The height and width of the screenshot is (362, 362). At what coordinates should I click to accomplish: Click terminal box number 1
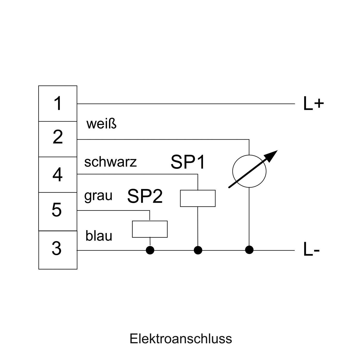tap(58, 103)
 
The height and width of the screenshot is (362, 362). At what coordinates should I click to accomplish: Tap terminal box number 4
tap(58, 175)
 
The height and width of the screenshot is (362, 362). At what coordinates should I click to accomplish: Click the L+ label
tap(313, 104)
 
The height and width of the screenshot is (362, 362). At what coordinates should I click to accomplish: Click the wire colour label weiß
tap(101, 124)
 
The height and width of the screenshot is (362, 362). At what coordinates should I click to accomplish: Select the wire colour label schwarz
tap(110, 162)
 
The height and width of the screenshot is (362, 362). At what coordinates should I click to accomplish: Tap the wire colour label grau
tap(98, 196)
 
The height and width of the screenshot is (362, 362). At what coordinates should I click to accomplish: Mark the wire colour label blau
tap(99, 236)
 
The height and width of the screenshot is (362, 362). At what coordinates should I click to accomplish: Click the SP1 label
tap(188, 162)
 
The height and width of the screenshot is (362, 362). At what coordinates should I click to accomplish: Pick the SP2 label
tap(145, 196)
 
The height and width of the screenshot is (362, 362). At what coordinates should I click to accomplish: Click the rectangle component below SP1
tap(198, 198)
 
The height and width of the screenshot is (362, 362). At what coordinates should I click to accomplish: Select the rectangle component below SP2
tap(150, 229)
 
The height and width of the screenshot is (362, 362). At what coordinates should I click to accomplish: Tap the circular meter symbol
tap(249, 171)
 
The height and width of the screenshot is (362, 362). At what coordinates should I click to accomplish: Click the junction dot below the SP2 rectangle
tap(150, 250)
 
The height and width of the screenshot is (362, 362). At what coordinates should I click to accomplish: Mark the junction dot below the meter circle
tap(249, 250)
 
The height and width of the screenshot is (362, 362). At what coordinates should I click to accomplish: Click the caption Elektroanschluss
tap(181, 339)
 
